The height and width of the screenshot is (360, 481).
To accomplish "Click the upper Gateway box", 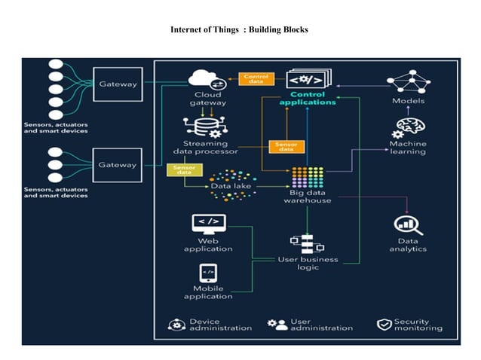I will pos(118,85).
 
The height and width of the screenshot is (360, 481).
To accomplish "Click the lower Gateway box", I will pos(118,163).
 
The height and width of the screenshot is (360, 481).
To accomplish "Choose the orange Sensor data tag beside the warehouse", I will pos(286,146).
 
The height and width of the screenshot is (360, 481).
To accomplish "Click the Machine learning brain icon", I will pos(408,127).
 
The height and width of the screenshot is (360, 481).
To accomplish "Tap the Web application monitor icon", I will pos(210,223).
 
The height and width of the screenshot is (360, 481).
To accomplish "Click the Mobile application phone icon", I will pos(208,272).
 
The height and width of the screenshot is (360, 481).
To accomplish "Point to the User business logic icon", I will pos(307,243).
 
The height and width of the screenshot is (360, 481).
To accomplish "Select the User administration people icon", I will pos(277,325).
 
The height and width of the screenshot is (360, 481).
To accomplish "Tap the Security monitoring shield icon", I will pos(383,325).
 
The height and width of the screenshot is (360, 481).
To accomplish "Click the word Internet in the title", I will pos(191,29).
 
